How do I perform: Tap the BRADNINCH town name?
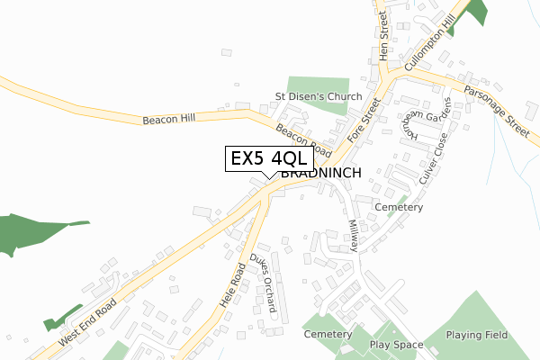point(321,173)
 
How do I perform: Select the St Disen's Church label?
point(318,96)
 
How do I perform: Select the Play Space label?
point(396,345)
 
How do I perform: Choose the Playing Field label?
point(477,335)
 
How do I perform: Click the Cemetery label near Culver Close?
point(399,207)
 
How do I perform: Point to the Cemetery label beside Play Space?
point(328,335)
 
